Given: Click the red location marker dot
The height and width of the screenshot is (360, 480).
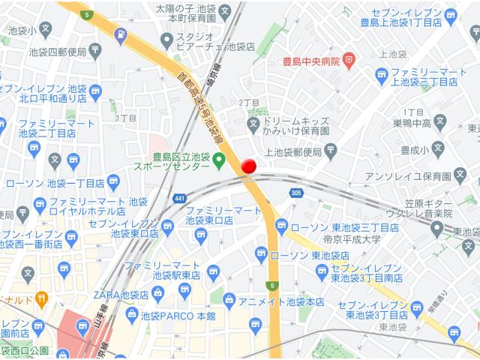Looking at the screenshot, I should tap(249, 166).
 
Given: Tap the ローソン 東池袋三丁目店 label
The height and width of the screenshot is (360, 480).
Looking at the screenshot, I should tap(343, 227).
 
